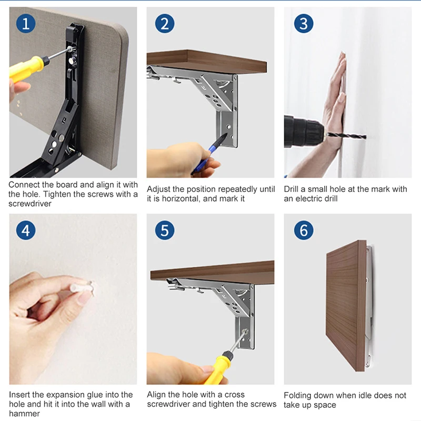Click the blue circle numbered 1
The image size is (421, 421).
coord(26,23)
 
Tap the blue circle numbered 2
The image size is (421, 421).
coord(165,23)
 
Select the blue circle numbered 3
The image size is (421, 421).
coord(304,23)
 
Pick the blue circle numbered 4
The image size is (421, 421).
coord(26,230)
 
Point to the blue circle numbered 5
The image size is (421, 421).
coord(165,230)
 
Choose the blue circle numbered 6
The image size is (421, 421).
coord(304,230)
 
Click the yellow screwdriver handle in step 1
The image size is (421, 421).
coord(26,69)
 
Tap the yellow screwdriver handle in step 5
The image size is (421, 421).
coord(217,368)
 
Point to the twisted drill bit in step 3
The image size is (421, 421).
coord(346,136)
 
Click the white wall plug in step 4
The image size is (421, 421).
coord(82,287)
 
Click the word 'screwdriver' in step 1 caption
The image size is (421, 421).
coord(30,204)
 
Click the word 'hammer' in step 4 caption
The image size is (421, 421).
coord(24,414)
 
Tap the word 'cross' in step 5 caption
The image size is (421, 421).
coord(234,395)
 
